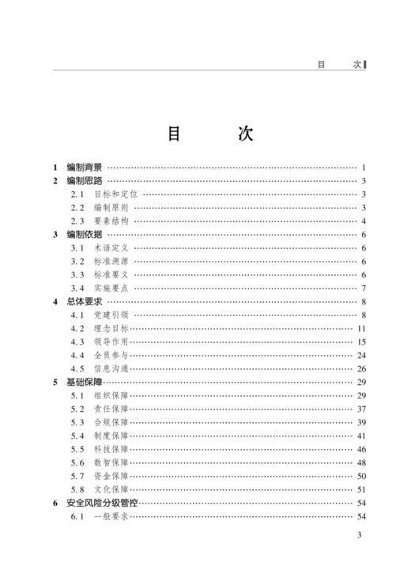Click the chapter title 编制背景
coord(85,168)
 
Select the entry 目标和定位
coord(115,194)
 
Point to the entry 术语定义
coord(110,248)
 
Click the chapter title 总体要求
coord(85,302)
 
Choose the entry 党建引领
coord(110,315)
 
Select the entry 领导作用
coord(110,342)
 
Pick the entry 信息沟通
coord(110,369)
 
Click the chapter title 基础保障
coord(85,383)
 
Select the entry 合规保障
coord(110,423)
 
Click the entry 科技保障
coord(110,450)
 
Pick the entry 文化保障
coord(110,490)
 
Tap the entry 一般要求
coord(110,517)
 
